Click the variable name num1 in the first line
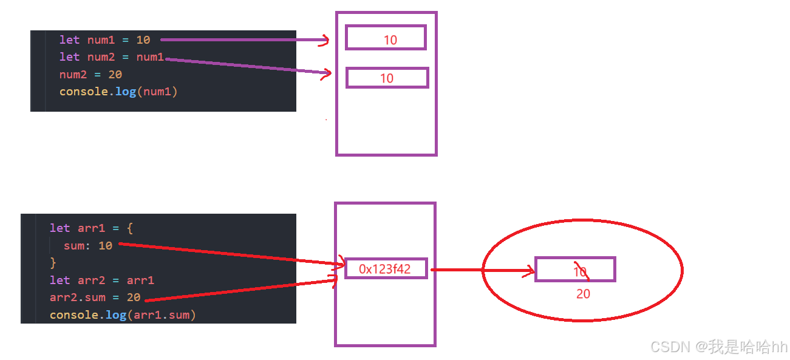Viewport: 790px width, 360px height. click(101, 40)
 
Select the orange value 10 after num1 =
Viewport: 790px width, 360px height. click(143, 40)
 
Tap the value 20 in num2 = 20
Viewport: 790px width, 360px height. click(115, 75)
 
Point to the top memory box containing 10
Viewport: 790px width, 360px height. click(386, 38)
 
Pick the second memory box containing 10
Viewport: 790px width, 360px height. click(387, 78)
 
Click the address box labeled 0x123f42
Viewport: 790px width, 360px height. click(386, 268)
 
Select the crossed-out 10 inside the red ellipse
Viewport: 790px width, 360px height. click(580, 271)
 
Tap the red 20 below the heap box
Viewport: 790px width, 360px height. click(583, 294)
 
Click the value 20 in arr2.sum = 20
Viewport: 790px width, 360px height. click(134, 297)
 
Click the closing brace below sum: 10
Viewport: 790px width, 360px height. click(53, 263)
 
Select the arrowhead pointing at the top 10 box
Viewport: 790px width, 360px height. click(325, 41)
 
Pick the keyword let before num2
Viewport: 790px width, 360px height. click(69, 57)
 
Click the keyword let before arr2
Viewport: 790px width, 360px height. click(60, 280)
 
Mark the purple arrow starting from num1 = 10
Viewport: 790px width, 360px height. click(243, 40)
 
